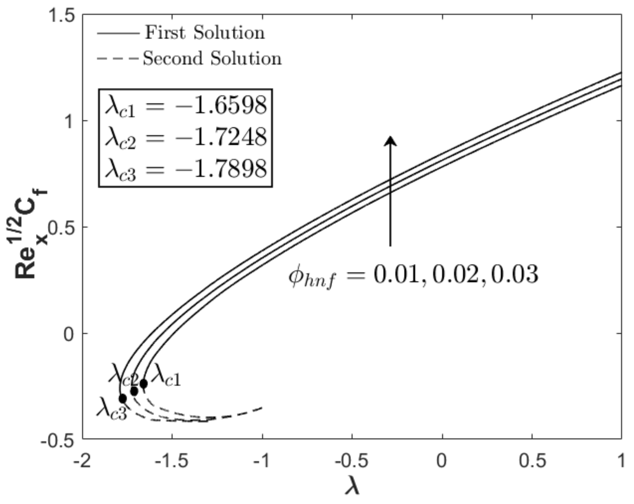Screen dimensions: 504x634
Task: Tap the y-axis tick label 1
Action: [x=69, y=121]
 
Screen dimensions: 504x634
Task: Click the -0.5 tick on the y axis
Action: [x=58, y=440]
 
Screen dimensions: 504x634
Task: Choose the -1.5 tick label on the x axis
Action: [x=172, y=460]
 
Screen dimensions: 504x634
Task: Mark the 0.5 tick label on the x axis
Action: [x=532, y=460]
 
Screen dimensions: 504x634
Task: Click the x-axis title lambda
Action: [x=352, y=485]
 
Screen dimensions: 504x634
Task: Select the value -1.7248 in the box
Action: [x=221, y=137]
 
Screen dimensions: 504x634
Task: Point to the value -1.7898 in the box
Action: [x=221, y=169]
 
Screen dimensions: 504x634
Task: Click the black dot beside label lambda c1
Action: [x=143, y=384]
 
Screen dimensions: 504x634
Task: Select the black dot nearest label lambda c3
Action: [x=123, y=399]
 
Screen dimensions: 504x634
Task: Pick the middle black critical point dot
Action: [x=134, y=391]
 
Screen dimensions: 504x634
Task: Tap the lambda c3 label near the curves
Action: [x=112, y=408]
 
